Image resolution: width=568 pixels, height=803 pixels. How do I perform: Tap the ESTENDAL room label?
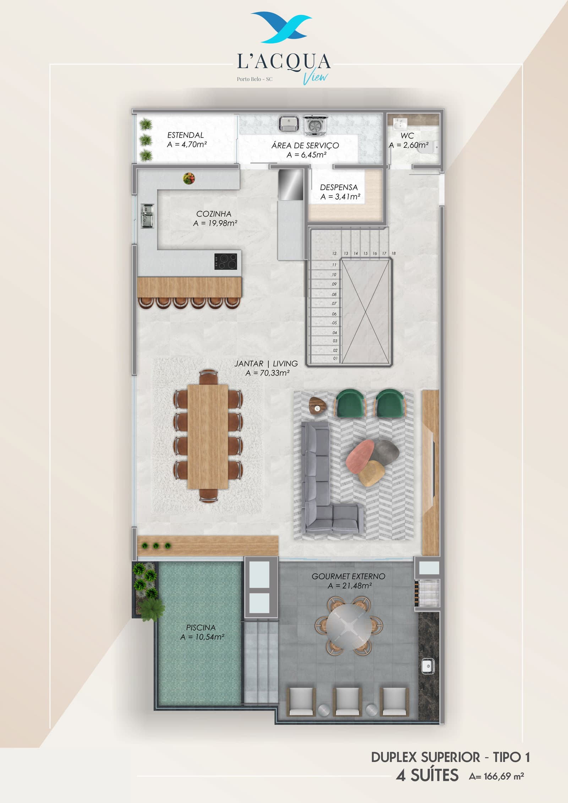pos(186,135)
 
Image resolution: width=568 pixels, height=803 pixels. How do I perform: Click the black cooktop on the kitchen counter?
pos(226,262)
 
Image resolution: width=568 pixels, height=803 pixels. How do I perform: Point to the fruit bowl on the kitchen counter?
pos(189,178)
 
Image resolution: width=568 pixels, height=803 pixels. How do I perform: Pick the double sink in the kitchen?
pos(147,215)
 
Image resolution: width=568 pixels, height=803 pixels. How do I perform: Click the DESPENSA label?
pos(339,187)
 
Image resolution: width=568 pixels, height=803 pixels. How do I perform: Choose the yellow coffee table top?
pos(372,473)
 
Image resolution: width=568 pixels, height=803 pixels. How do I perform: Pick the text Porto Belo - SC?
pos(255,79)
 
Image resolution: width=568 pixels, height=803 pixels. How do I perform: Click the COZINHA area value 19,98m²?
pos(223,223)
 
